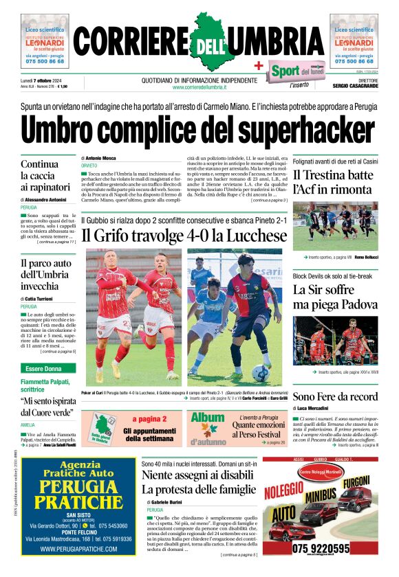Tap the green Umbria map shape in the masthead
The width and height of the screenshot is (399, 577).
pos(199,41)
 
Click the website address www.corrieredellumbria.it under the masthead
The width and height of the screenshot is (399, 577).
pos(199,87)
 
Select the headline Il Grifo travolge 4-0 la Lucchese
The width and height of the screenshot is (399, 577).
pos(184,236)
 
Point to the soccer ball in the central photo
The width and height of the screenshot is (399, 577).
pos(261,373)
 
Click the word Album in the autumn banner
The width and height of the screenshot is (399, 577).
pos(208,418)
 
